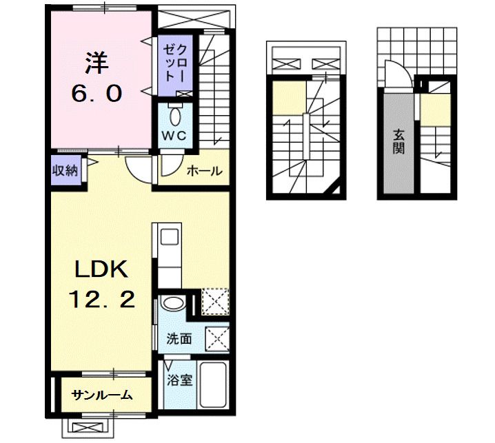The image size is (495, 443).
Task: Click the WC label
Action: (174, 135)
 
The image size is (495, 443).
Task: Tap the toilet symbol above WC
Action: (175, 112)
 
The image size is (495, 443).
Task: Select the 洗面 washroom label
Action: (178, 338)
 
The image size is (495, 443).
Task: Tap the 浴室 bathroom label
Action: (177, 380)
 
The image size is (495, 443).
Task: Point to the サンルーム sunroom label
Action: (103, 395)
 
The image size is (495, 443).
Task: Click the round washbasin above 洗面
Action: (172, 303)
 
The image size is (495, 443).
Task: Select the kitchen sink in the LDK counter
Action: (169, 238)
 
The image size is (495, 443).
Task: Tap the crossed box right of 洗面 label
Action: (218, 338)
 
